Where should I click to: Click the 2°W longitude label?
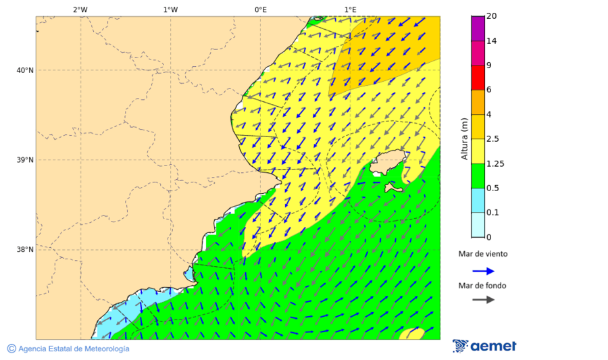[x=80, y=9]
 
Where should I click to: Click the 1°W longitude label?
[x=170, y=9]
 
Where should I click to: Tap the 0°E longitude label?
[x=260, y=9]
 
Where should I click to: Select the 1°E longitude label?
[x=350, y=9]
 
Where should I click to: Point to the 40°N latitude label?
[x=25, y=70]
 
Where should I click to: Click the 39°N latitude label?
[x=25, y=160]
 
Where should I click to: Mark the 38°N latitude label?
[x=25, y=250]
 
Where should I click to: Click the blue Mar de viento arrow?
[x=483, y=271]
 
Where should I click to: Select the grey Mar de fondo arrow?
[x=483, y=300]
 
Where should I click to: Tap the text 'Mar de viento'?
[x=482, y=255]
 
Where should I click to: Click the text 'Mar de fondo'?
[x=482, y=286]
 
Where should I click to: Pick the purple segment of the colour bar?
[x=478, y=28]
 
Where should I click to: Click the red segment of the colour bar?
[x=478, y=77]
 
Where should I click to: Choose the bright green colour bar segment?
[x=478, y=176]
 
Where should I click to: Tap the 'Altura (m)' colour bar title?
[x=464, y=138]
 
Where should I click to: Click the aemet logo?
[x=484, y=346]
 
